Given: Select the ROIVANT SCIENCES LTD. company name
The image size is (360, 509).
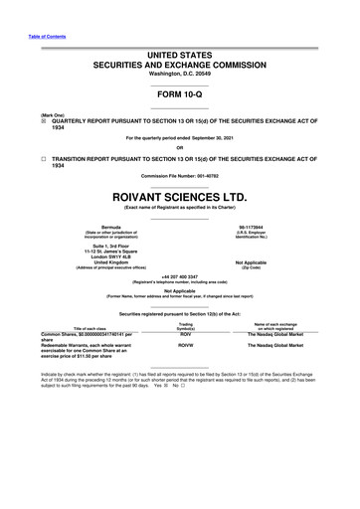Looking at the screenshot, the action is click(x=180, y=180).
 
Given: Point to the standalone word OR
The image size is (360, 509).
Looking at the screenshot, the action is click(x=180, y=147).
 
